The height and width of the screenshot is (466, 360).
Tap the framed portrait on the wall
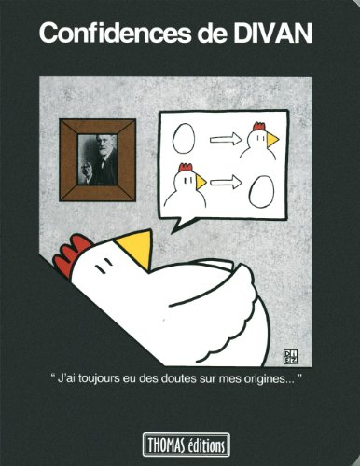click(97, 158)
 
